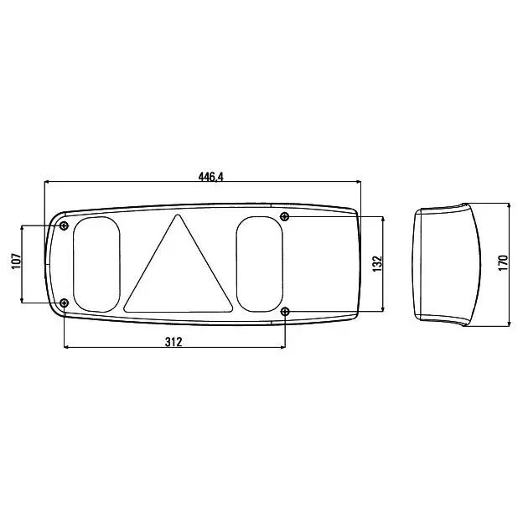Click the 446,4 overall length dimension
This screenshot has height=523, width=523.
coord(211,177)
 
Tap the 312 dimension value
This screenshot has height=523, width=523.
coord(173,342)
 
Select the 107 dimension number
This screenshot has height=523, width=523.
coord(16,261)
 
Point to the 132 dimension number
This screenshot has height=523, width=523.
coord(377,263)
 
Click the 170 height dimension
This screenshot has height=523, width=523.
coord(504,263)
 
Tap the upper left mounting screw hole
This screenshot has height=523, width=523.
coord(64,225)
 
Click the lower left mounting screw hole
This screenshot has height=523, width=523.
coord(64,303)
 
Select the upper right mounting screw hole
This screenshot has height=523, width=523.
coord(284,216)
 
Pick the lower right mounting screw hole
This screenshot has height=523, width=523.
coord(285,312)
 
